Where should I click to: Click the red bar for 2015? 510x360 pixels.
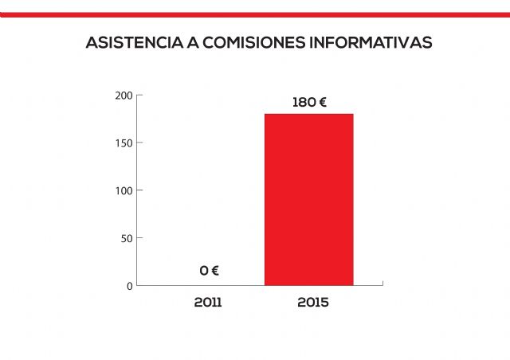(308, 199)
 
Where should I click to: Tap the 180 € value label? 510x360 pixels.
(310, 103)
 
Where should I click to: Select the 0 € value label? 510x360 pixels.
(209, 271)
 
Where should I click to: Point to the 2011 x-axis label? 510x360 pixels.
(208, 303)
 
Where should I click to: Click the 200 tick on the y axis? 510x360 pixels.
(124, 96)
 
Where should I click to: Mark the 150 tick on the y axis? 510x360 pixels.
(124, 143)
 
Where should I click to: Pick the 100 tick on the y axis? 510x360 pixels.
(124, 190)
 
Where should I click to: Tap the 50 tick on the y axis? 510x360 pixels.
(126, 238)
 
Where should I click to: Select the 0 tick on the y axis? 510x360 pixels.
(129, 285)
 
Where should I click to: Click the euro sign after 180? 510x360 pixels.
(323, 103)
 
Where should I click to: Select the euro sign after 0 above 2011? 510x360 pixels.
(214, 271)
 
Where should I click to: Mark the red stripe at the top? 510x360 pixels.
(255, 14)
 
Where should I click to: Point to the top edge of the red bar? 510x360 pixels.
(308, 114)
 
